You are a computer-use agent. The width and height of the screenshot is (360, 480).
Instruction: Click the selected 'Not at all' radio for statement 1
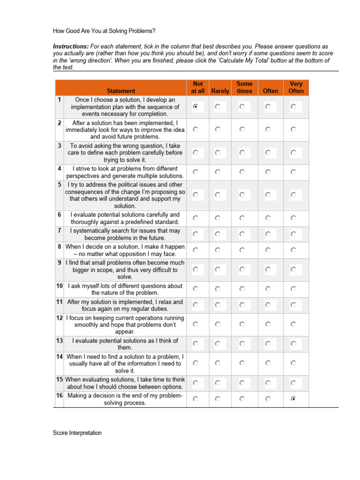coord(195,107)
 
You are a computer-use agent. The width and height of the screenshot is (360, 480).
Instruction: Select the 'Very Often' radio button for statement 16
coord(293,399)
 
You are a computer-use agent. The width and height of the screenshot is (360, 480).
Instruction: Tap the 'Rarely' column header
coord(220,91)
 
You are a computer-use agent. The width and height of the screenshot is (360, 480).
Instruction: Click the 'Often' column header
coord(270,91)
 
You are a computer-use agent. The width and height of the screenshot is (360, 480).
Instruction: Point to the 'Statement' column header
coord(121,91)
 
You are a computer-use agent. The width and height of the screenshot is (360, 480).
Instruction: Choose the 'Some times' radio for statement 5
coord(242,195)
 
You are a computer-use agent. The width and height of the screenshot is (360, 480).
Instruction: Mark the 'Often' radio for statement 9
coord(268,270)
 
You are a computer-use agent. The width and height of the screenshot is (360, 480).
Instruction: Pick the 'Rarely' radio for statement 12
coord(218,324)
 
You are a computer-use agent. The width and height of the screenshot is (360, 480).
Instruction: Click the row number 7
coord(60,231)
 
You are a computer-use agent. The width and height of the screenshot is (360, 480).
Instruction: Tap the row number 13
coord(60,341)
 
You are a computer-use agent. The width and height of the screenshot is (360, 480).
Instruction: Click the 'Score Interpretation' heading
coord(77,433)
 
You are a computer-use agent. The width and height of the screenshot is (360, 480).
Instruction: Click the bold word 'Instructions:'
coord(70,47)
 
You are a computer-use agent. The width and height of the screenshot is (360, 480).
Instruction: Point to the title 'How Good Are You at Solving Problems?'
coord(104,31)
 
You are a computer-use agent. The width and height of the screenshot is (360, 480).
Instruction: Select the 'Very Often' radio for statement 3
coord(293,152)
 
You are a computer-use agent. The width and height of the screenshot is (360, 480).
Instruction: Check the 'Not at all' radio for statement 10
coord(195,289)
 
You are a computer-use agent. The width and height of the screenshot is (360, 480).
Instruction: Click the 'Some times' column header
coord(244,87)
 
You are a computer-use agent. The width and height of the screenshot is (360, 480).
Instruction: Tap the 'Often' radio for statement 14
coord(268,363)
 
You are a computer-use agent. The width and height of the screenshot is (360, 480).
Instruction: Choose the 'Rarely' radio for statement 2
coord(218,129)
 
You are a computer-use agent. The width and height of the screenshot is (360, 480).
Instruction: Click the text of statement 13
coord(125,344)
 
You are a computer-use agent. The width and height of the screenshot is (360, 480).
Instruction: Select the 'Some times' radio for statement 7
coord(242,234)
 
